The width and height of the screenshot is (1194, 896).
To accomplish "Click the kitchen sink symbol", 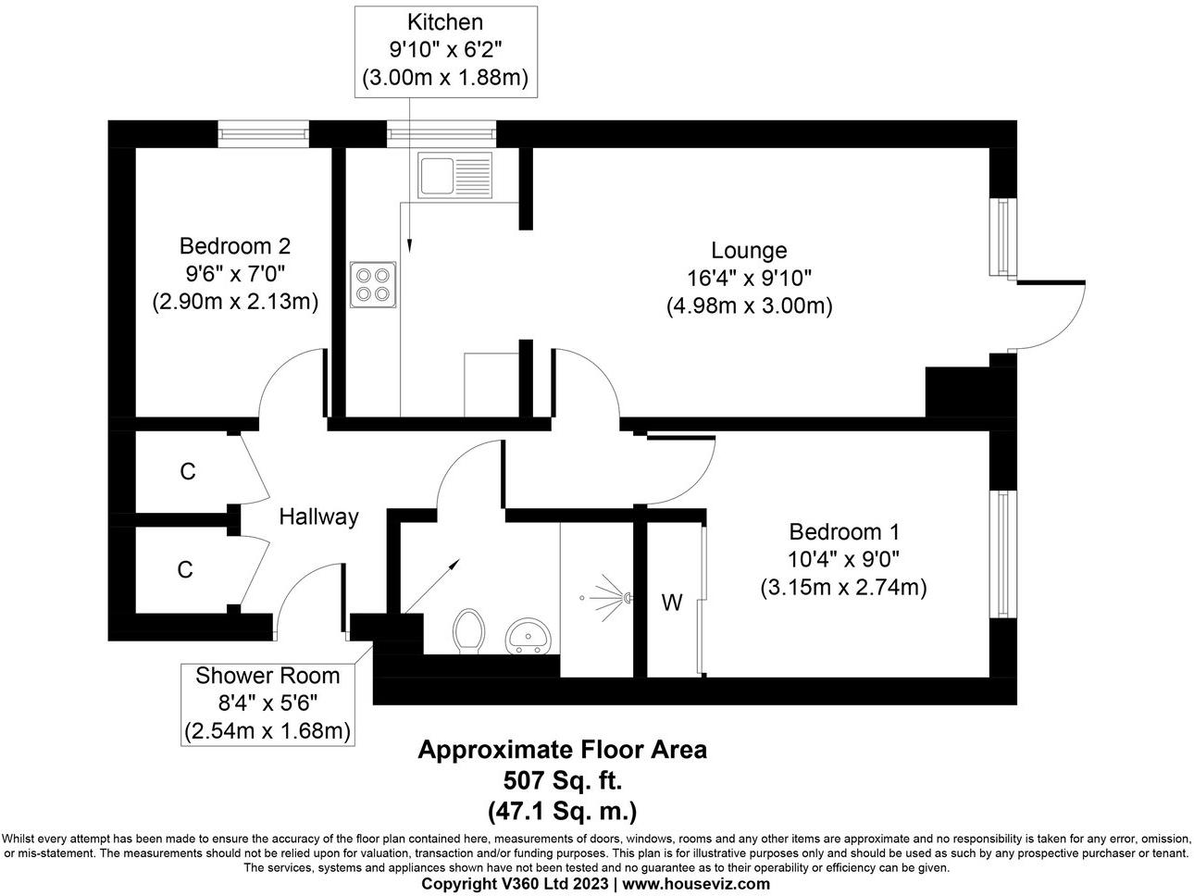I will click(x=455, y=174).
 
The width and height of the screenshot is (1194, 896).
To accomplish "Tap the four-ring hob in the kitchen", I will click(x=374, y=284).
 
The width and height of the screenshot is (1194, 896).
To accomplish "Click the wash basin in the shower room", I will click(x=529, y=637).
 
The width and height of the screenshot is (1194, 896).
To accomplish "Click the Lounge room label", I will click(x=749, y=250).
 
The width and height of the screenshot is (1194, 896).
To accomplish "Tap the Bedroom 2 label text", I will click(x=235, y=246).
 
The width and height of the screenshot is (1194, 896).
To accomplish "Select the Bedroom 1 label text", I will click(x=843, y=532).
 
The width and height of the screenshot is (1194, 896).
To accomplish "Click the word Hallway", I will click(x=318, y=516).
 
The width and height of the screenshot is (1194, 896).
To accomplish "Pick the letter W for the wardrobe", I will click(x=671, y=604).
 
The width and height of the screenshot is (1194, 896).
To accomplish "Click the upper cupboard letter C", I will click(x=188, y=472).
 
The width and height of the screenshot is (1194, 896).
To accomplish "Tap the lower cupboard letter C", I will click(x=185, y=570).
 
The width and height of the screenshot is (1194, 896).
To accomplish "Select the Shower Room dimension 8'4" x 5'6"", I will click(x=267, y=703).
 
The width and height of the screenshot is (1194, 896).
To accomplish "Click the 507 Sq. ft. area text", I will click(x=562, y=781).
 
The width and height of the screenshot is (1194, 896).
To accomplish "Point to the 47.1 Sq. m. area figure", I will click(x=562, y=812).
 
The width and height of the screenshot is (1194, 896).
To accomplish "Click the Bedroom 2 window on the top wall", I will click(x=263, y=135).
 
